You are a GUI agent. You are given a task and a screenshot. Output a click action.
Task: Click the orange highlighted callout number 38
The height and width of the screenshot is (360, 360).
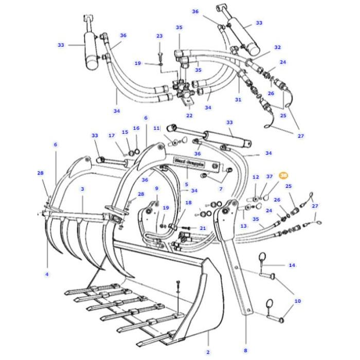(283, 175)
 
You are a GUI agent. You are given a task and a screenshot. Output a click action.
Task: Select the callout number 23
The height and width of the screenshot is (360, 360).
(159, 36)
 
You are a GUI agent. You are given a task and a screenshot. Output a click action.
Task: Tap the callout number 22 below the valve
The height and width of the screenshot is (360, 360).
(189, 116)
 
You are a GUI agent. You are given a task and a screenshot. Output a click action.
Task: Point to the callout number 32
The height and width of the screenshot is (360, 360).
(278, 47)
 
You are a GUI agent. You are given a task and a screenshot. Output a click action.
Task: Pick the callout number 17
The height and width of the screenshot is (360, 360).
(112, 136)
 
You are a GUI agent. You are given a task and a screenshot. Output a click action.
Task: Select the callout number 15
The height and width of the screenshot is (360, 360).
(125, 132)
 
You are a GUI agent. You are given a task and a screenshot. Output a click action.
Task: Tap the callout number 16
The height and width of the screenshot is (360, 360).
(136, 128)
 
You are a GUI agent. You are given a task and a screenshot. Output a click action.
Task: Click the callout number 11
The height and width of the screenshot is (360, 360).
(157, 127)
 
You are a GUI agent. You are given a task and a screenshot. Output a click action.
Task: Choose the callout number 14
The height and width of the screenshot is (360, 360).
(292, 265)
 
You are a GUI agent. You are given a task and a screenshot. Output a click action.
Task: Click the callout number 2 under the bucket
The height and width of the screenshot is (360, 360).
(208, 352)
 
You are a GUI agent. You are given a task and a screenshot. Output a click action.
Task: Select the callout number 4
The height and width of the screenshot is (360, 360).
(47, 274)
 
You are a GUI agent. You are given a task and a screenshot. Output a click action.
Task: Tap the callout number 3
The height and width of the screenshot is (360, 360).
(82, 190)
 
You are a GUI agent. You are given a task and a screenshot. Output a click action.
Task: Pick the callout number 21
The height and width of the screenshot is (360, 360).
(203, 228)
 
